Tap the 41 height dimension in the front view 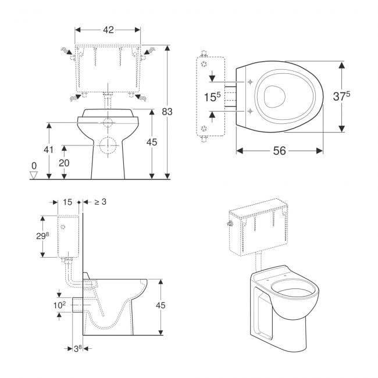coord(49,150)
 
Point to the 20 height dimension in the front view coord(64,163)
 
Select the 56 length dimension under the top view coord(280,151)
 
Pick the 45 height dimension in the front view coord(152,142)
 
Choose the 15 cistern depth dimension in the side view coord(67,202)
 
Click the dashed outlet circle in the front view coord(108,145)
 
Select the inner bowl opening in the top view coord(272,97)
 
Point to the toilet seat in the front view coord(108,113)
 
